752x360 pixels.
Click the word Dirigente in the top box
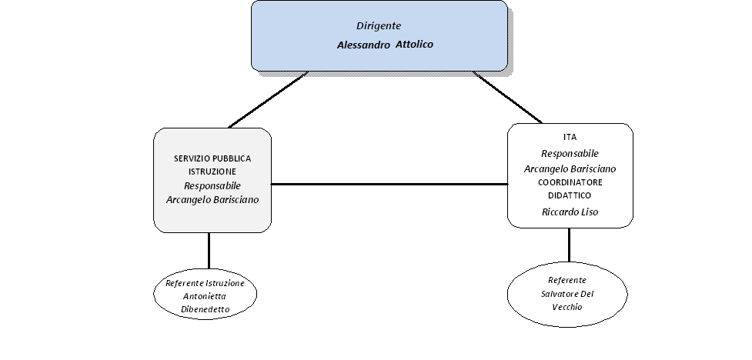coord(379,26)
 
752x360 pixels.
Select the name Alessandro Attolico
coord(385,45)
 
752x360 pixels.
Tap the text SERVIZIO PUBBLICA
coord(212,158)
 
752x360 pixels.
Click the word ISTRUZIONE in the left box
coord(212,171)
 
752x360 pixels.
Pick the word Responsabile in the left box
coord(212,186)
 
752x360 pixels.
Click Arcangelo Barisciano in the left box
coord(212,200)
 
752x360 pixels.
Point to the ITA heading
coord(570,137)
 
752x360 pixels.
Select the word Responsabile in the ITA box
coord(570,154)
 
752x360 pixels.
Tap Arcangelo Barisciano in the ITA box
coord(570,168)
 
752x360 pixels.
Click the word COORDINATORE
coord(570,182)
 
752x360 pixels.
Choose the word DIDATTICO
coord(570,195)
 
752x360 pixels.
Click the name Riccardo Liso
coord(570,212)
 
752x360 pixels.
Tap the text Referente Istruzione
coord(205,283)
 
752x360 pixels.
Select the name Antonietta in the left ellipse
coord(205,296)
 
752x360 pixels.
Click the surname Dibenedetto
coord(205,310)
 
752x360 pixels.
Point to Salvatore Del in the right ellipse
coord(567,294)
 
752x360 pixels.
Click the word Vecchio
coord(567,307)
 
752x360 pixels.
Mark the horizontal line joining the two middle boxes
coord(389,184)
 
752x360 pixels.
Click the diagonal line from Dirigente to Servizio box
coord(268,100)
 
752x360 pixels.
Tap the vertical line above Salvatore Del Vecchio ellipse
coord(570,245)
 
